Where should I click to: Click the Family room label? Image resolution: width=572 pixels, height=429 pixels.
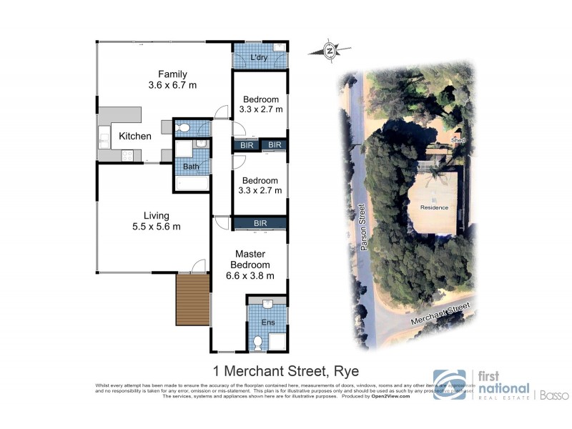point(172,74)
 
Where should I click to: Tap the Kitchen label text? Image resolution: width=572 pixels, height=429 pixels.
point(134,136)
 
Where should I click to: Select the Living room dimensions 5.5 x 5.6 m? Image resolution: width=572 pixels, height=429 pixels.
point(156,227)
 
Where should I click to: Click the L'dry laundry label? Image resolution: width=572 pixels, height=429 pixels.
point(259,58)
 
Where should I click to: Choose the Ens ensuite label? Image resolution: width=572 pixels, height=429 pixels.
point(267,322)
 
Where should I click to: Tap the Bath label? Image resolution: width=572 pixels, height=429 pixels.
point(190,167)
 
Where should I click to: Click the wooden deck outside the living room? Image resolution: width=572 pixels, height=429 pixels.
point(192,300)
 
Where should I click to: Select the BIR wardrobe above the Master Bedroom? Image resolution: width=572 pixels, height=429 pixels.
point(260,223)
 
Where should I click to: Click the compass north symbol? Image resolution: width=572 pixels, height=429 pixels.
point(329,50)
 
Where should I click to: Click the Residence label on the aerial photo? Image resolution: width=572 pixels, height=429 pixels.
point(433,207)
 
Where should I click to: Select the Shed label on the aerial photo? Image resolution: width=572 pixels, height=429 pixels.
point(458,141)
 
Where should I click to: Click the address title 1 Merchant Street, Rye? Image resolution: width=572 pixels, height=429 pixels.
point(286,371)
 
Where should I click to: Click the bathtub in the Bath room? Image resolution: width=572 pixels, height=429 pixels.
point(191,184)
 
